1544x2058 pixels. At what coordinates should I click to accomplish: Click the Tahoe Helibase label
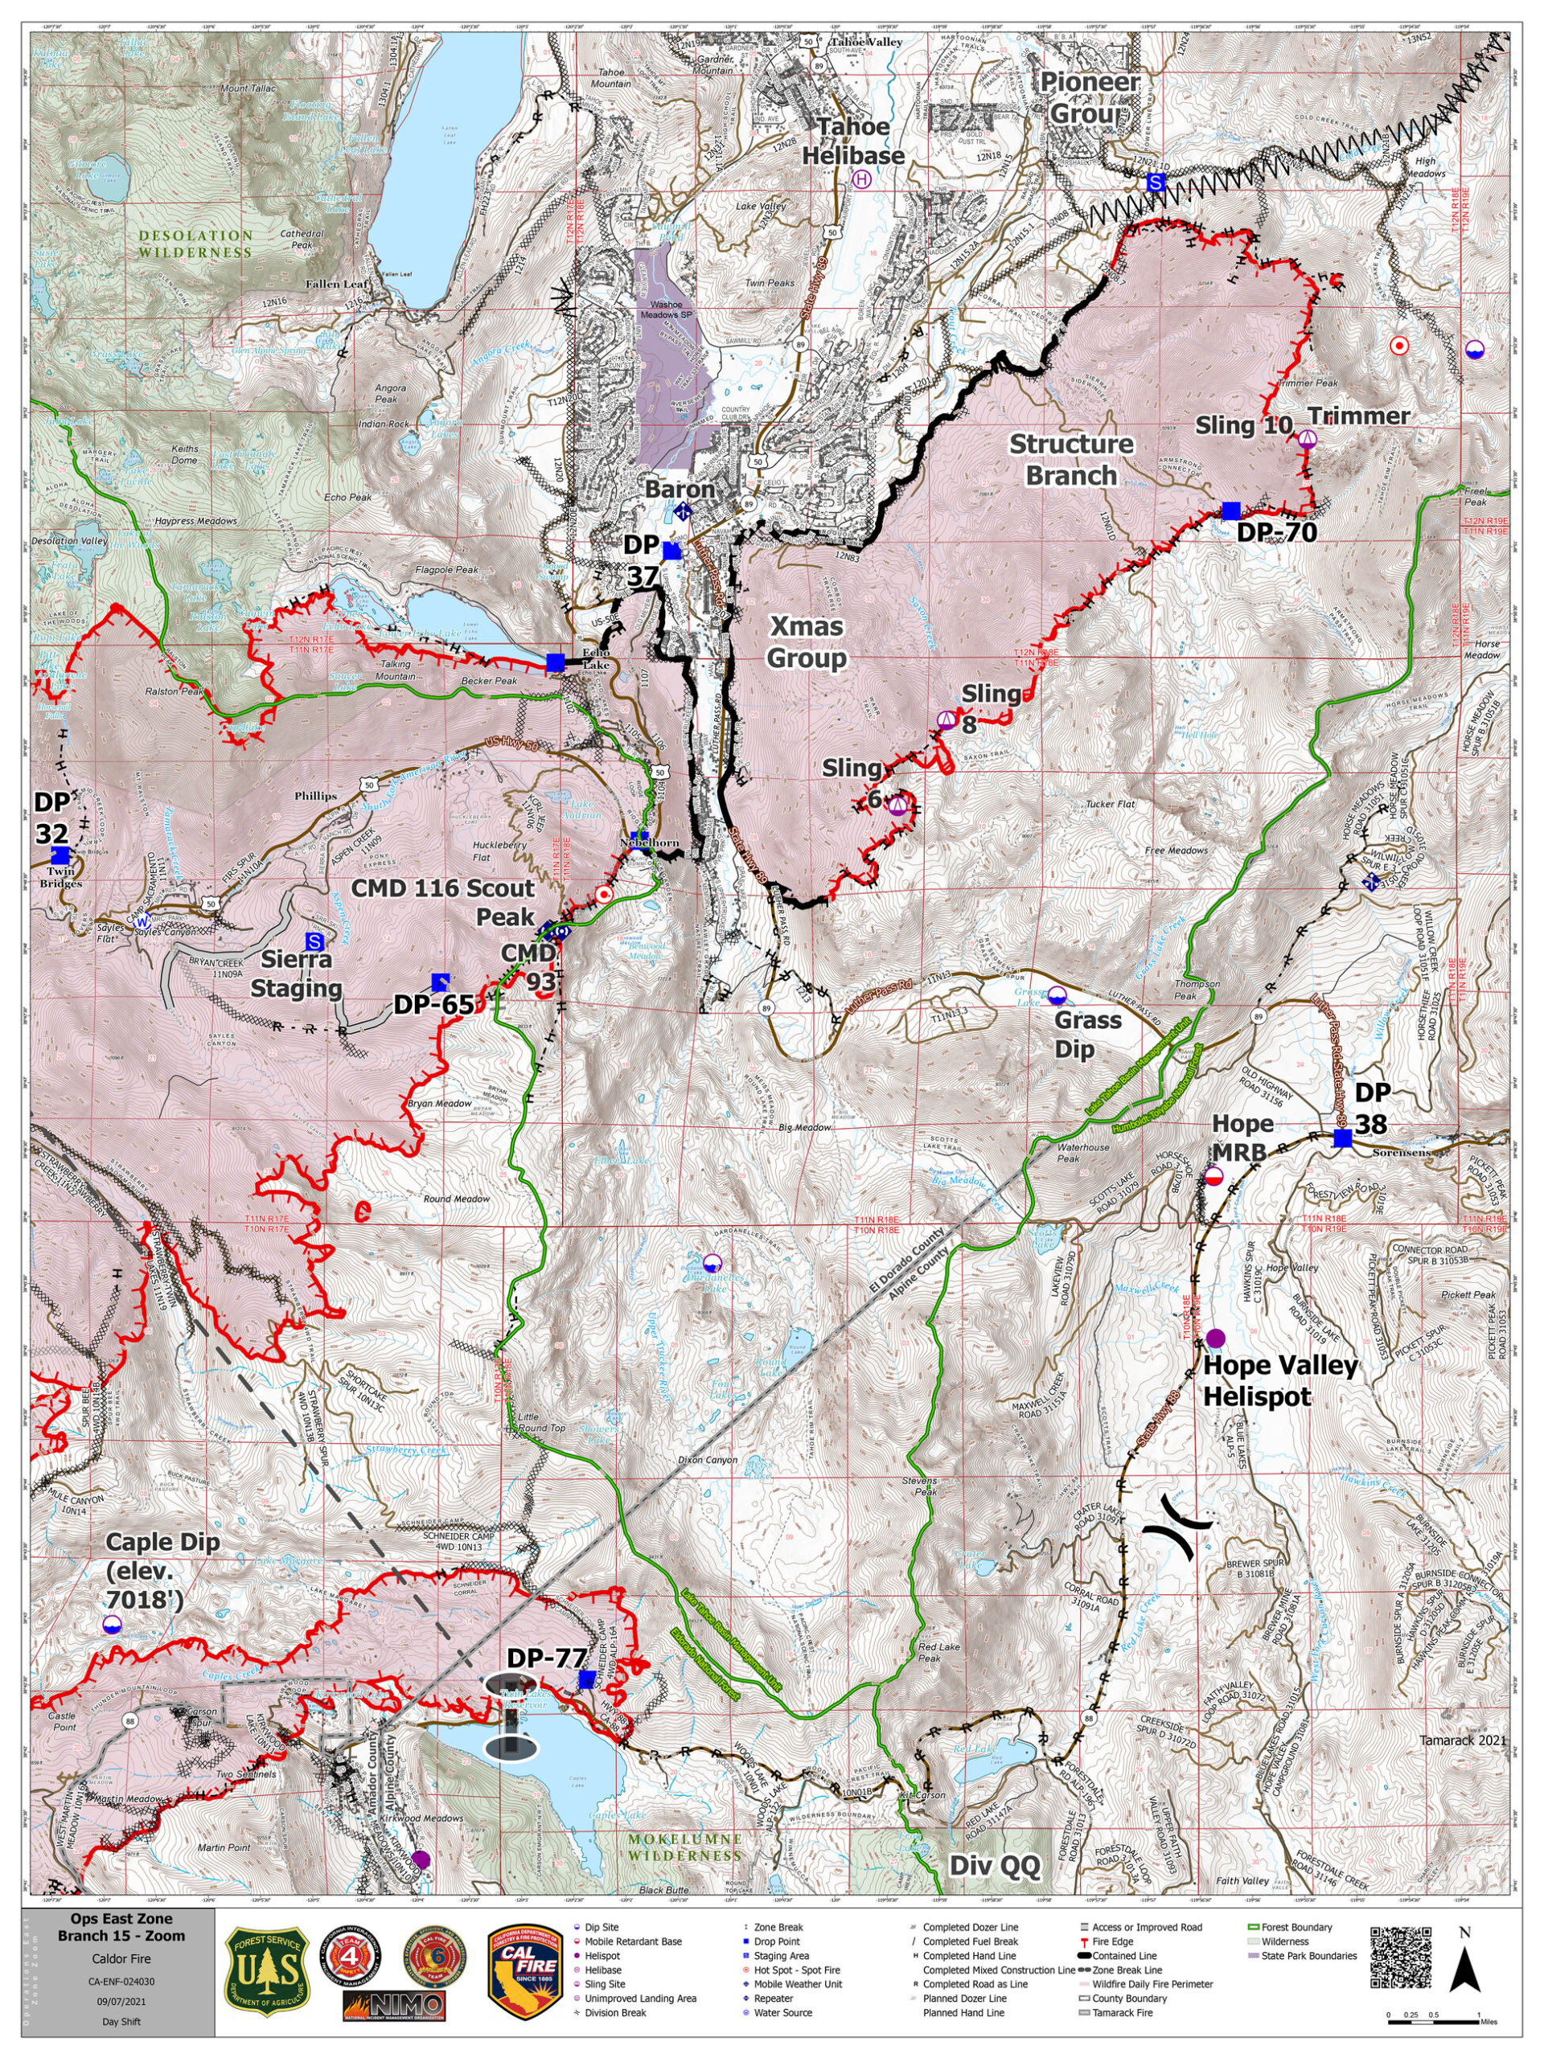pos(854,141)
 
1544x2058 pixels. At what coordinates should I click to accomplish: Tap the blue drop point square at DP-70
pos(1230,510)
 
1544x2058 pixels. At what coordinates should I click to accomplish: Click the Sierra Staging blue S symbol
pos(315,941)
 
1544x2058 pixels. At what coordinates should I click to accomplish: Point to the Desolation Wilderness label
pos(195,244)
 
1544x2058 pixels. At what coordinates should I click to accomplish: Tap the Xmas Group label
pos(806,642)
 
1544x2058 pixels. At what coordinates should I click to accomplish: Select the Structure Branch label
pos(1071,460)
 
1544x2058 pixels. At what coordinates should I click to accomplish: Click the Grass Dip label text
pos(1088,1034)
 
